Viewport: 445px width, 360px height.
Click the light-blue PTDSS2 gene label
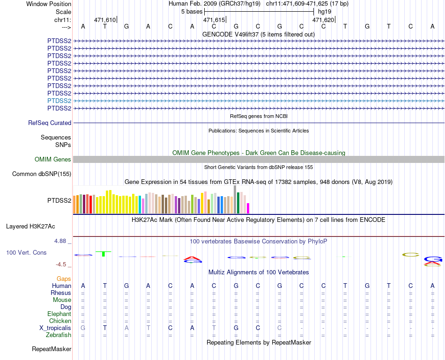pyautogui.click(x=59, y=101)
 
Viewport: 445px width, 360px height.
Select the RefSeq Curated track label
pyautogui.click(x=50, y=123)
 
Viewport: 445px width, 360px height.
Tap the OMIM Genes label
pyautogui.click(x=53, y=160)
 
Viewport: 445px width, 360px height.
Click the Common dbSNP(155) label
pyautogui.click(x=41, y=174)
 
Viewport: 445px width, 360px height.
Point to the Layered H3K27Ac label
pyautogui.click(x=30, y=226)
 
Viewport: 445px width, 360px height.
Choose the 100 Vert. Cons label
pyautogui.click(x=26, y=252)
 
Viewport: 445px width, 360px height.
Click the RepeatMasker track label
pyautogui.click(x=52, y=349)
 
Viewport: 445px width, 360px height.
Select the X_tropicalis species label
pyautogui.click(x=55, y=328)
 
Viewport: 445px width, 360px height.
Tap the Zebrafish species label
pyautogui.click(x=59, y=335)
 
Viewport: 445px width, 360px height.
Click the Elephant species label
pyautogui.click(x=59, y=314)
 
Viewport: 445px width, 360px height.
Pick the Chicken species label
pyautogui.click(x=60, y=321)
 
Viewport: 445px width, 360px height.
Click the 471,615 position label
pyautogui.click(x=214, y=20)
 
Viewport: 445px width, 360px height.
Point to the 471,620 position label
pyautogui.click(x=323, y=20)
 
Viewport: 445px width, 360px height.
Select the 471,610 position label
pyautogui.click(x=105, y=20)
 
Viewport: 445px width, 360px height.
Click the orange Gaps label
pyautogui.click(x=64, y=279)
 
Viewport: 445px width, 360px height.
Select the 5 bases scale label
pyautogui.click(x=192, y=11)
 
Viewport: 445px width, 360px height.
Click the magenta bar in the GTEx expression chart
pyautogui.click(x=248, y=208)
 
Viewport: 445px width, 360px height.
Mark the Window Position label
pyautogui.click(x=49, y=4)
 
